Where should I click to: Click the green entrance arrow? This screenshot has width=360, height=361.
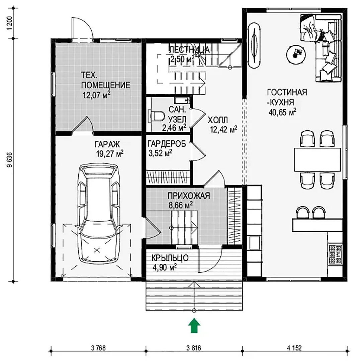[194, 326]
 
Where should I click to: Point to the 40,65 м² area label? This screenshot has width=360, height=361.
[282, 112]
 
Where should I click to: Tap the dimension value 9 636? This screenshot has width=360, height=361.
[9, 160]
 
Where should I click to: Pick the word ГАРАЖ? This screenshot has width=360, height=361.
[107, 144]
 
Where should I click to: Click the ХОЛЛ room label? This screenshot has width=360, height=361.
[218, 120]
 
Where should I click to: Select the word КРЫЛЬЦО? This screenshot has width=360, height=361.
[170, 258]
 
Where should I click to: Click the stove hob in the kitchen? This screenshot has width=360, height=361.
[335, 254]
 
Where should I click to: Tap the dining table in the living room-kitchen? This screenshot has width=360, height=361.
[318, 159]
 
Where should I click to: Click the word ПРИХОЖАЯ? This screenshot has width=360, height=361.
[189, 196]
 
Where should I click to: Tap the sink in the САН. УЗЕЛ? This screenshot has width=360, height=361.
[182, 100]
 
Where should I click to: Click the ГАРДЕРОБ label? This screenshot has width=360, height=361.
[167, 144]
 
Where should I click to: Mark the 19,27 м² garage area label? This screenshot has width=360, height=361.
[110, 153]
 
